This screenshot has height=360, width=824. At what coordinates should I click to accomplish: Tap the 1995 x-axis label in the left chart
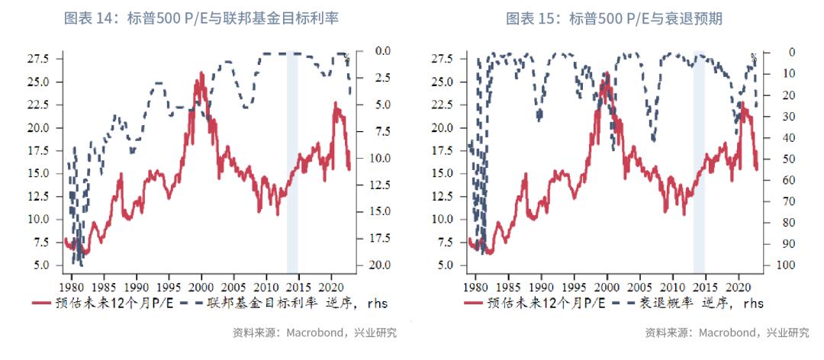pos(169,279)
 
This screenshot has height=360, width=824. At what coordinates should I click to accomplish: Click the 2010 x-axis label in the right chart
pos(672,279)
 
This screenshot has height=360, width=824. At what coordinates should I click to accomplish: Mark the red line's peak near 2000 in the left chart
pos(201,73)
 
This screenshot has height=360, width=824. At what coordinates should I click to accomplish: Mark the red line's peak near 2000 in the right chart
pos(607,73)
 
